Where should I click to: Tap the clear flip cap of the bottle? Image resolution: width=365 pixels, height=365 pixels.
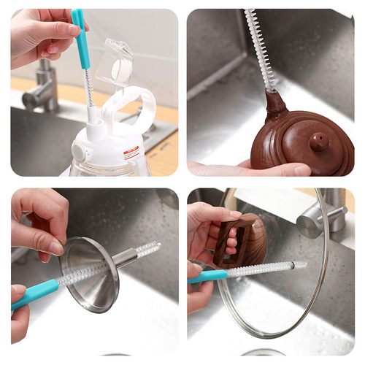(117, 61)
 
